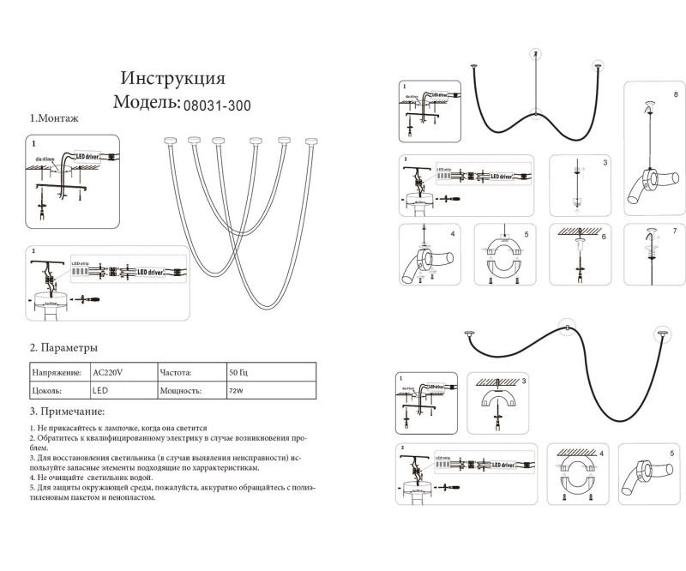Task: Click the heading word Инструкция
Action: tap(173, 79)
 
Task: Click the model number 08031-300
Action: tap(217, 104)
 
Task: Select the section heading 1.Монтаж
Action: tap(54, 119)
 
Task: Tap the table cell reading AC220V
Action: tap(108, 373)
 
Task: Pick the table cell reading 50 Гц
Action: tap(238, 373)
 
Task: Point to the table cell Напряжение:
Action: tap(57, 373)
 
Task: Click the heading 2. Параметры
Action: tap(63, 348)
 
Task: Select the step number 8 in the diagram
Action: tap(676, 93)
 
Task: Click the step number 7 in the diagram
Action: tap(676, 231)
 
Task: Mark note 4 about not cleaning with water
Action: tap(93, 478)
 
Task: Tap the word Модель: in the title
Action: tap(146, 104)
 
